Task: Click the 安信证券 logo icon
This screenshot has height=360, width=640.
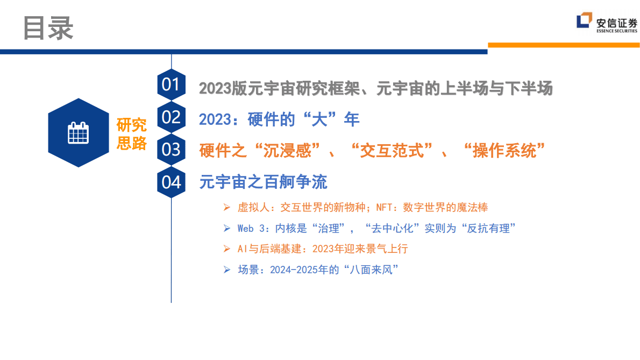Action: click(585, 21)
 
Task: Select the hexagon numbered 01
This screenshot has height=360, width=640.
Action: click(171, 85)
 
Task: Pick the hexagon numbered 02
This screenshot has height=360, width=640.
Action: click(171, 117)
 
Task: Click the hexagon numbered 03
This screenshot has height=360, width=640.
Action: click(171, 149)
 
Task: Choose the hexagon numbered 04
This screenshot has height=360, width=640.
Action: click(171, 182)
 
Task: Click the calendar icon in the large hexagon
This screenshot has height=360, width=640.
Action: click(79, 133)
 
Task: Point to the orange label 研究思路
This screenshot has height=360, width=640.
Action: click(132, 134)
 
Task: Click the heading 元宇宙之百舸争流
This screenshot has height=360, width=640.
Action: click(263, 182)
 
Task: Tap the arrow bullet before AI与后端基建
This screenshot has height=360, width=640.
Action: click(227, 249)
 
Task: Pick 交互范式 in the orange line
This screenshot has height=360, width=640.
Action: click(396, 151)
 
